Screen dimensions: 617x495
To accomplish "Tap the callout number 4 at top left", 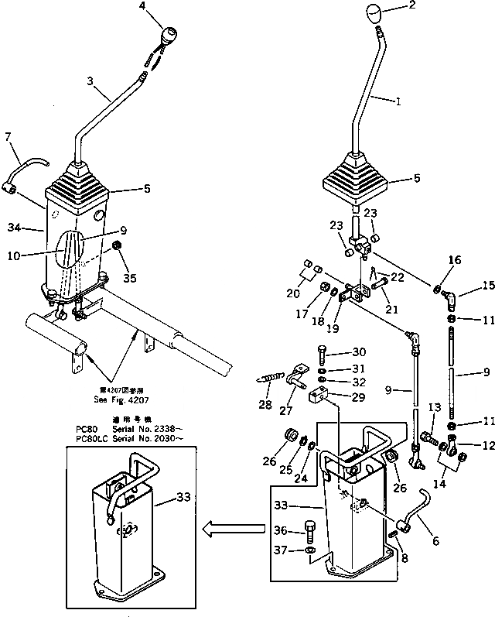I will tap(163, 6).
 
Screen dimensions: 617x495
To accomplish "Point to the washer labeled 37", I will tap(309, 550).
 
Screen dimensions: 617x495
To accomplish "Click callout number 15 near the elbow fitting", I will tap(466, 286).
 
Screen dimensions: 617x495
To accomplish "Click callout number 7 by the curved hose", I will tap(9, 138).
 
